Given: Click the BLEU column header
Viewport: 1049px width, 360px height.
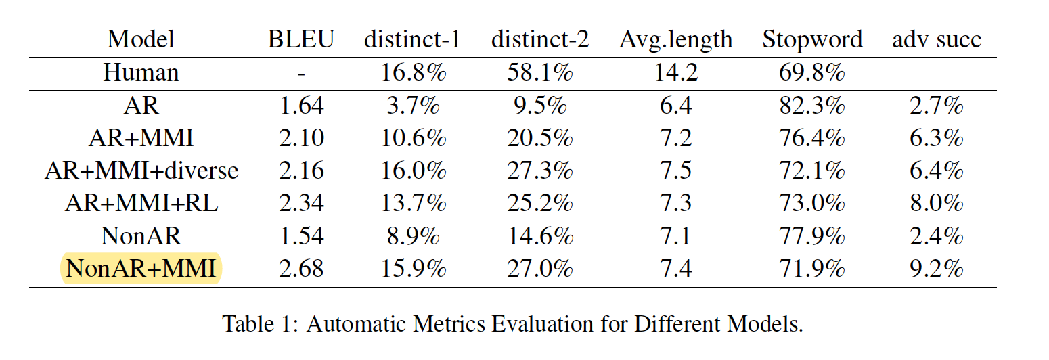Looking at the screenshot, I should tap(301, 39).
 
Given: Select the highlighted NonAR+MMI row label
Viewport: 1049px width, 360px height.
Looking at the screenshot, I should tap(141, 269).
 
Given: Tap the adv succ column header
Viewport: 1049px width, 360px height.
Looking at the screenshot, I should tap(936, 39).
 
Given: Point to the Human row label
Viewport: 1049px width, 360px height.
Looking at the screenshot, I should tap(141, 72).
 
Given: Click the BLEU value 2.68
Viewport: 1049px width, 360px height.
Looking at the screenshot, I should tap(301, 269).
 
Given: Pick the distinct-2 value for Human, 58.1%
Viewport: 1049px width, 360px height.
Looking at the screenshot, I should tap(539, 72).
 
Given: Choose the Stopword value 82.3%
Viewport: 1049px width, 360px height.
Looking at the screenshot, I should tap(812, 106).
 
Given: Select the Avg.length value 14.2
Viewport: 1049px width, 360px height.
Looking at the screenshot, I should tap(675, 72).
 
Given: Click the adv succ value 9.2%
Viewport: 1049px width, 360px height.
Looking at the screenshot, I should tap(936, 269).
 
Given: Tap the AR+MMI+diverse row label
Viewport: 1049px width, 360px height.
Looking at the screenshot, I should tap(141, 171).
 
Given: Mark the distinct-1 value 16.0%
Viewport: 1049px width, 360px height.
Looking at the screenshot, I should tap(414, 171).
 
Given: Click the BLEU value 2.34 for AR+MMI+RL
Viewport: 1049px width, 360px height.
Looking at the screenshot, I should tap(301, 203).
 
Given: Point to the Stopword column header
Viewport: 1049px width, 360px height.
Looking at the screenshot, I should tap(812, 39).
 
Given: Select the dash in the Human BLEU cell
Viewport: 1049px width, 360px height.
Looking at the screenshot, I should tap(301, 73).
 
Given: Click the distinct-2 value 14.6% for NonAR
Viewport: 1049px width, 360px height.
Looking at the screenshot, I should tap(539, 236).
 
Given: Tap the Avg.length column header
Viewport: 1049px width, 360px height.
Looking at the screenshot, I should tap(675, 39).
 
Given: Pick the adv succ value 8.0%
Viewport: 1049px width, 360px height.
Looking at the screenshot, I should tap(936, 203).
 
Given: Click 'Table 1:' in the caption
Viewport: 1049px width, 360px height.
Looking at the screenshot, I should tap(261, 324).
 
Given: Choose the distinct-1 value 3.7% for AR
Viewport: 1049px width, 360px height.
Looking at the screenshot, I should tap(414, 106).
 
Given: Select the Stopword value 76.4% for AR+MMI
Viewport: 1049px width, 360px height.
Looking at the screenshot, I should tap(812, 138).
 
